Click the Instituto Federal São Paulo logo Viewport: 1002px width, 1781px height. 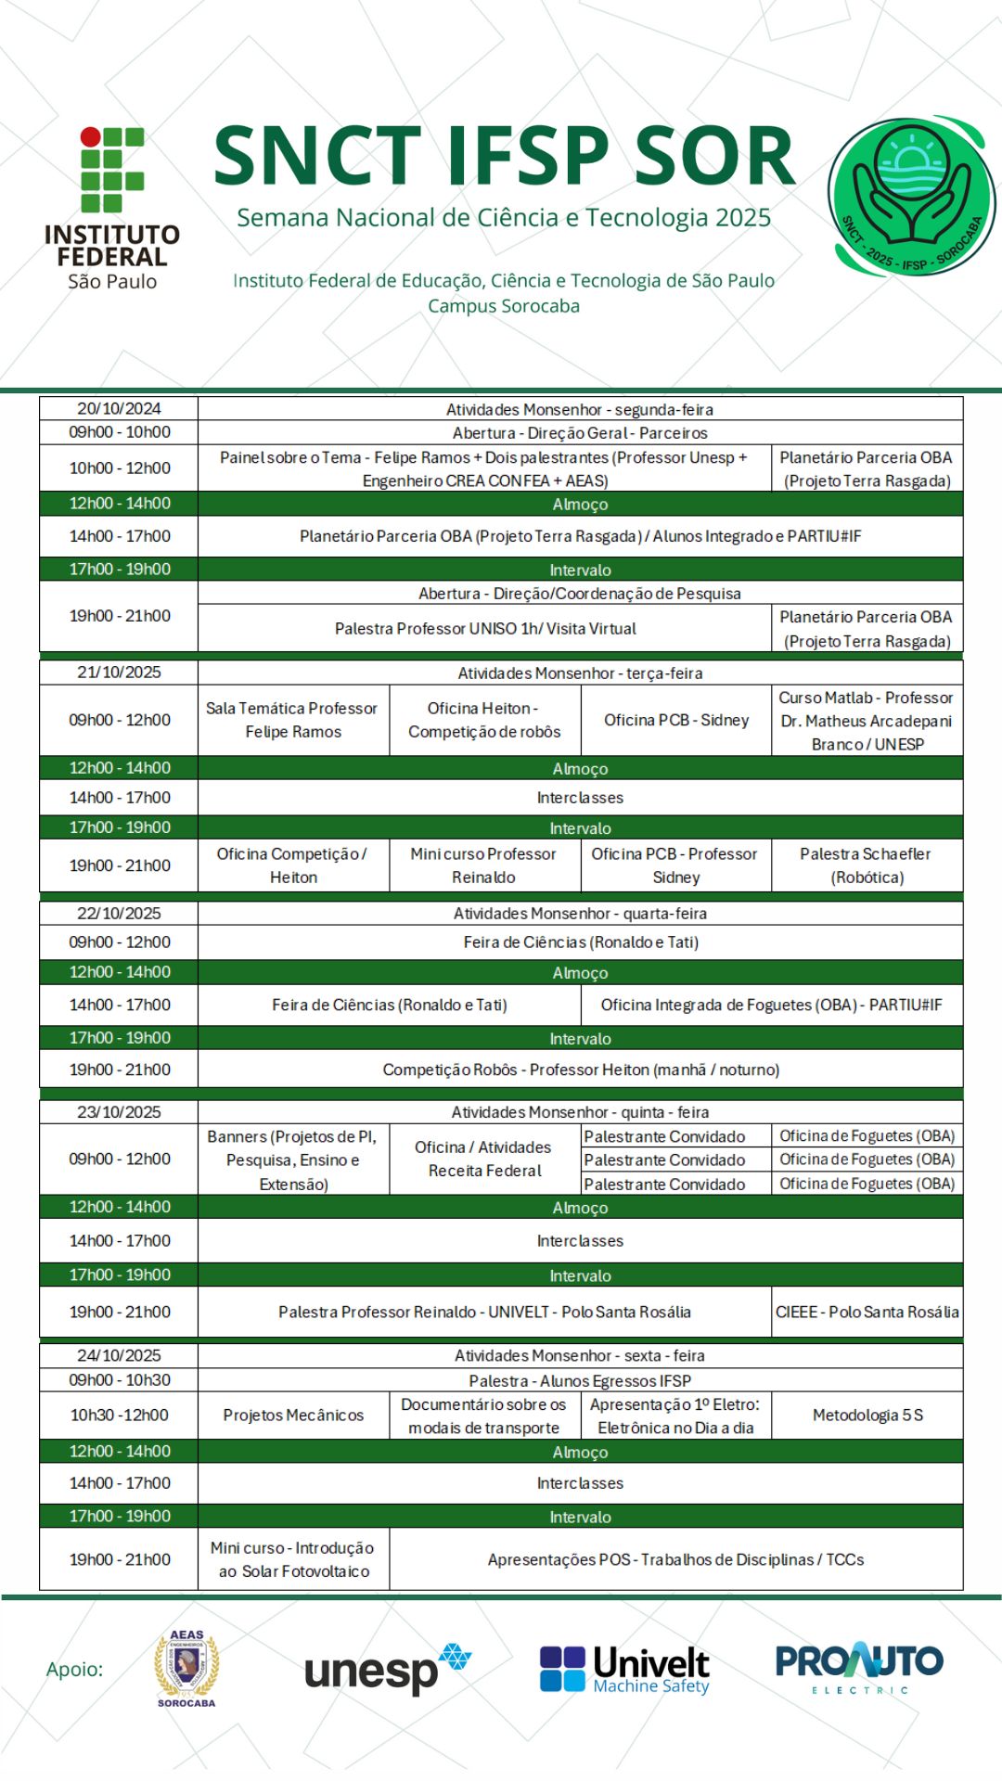(112, 209)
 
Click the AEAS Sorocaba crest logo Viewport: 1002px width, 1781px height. (186, 1669)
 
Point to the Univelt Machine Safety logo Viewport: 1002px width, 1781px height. (624, 1669)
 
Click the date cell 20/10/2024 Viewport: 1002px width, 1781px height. (119, 408)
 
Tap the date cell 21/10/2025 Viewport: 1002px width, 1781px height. (119, 672)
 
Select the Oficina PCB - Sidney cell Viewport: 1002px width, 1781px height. (675, 720)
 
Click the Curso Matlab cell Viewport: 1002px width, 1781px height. (867, 721)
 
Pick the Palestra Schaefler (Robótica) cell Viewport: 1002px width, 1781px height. (867, 865)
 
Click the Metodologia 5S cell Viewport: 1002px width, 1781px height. (867, 1415)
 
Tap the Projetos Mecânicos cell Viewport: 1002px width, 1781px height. (293, 1415)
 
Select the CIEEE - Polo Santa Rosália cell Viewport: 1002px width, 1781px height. (867, 1312)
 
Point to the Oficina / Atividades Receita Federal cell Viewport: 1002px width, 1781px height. (483, 1159)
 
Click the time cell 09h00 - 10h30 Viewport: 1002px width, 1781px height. (119, 1379)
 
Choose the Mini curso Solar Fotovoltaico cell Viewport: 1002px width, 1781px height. (293, 1559)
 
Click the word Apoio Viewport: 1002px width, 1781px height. (74, 1669)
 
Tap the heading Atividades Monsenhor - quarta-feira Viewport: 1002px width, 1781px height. (580, 913)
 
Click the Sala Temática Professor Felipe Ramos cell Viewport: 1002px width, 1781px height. (293, 720)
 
